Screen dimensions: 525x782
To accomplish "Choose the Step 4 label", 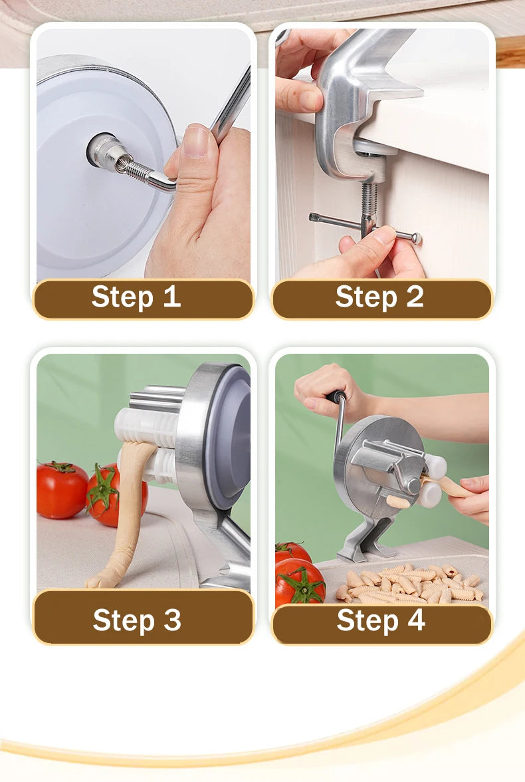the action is pos(381,620).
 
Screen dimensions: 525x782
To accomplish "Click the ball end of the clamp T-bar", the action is pos(416,238).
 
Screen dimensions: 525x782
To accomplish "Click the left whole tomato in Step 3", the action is pos(62,489).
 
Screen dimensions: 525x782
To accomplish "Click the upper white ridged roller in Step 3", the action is pos(146,426).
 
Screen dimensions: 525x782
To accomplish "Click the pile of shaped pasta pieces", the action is pos(410,584).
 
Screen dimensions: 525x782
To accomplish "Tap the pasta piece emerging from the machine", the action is pos(399,501).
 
